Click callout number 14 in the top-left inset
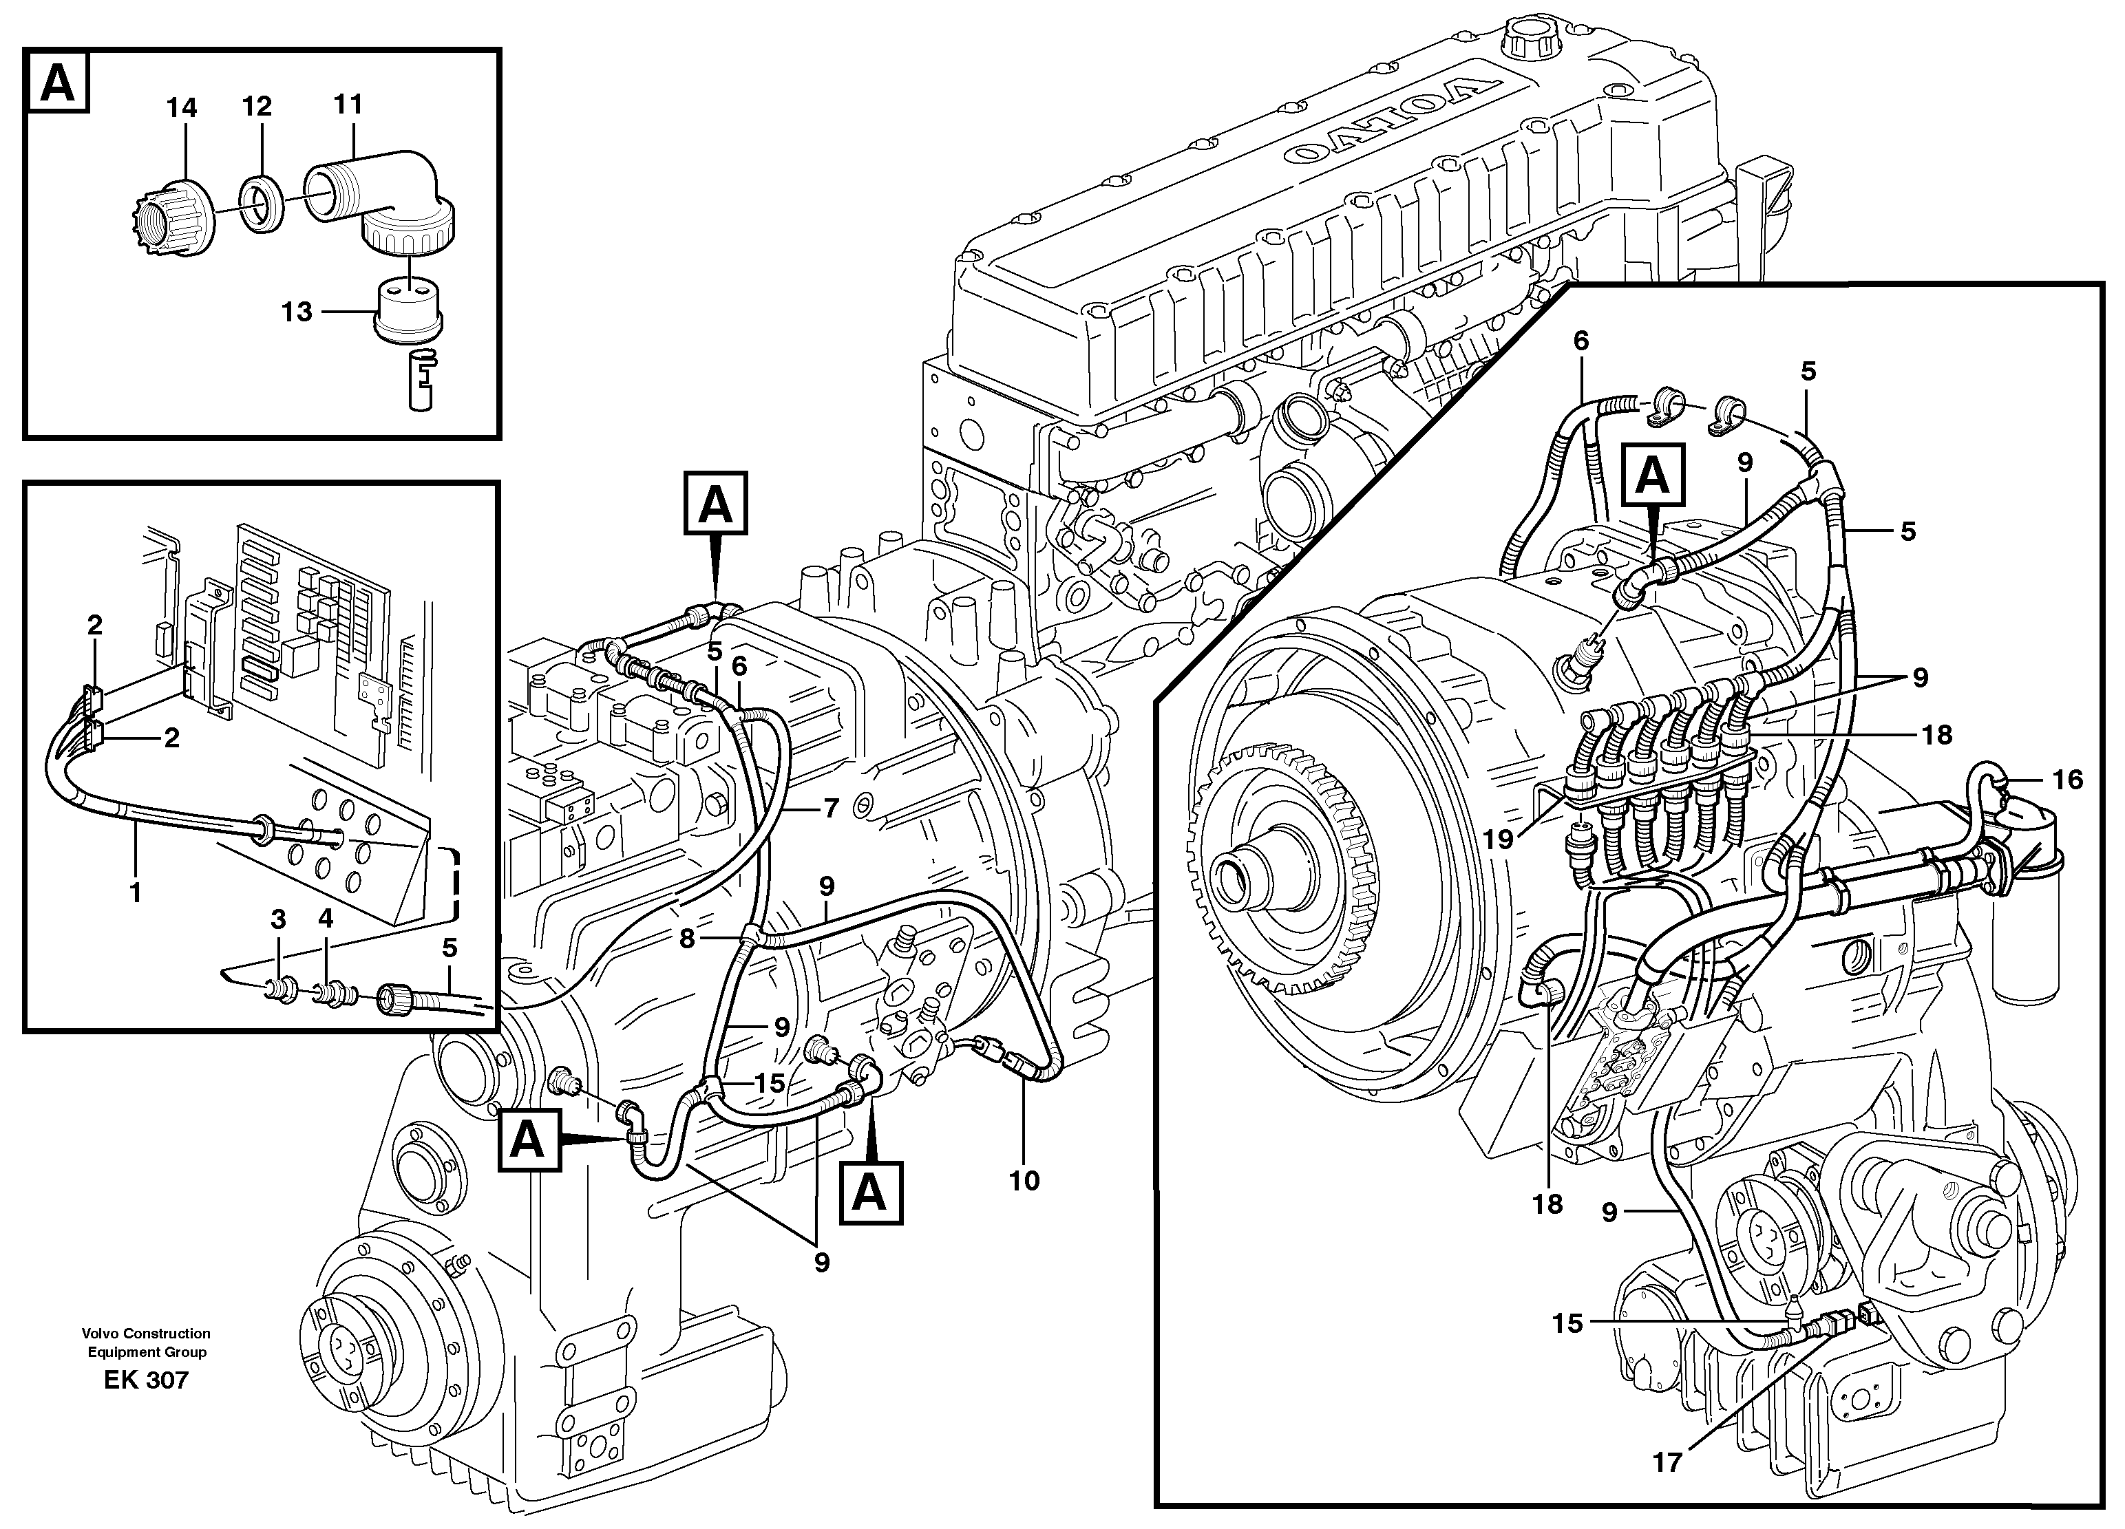click(182, 109)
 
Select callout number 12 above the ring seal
click(256, 107)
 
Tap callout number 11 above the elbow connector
click(348, 103)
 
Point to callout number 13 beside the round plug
click(297, 311)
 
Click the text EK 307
click(146, 1380)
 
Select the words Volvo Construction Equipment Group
click(146, 1342)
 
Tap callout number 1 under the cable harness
click(136, 893)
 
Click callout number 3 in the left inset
click(278, 919)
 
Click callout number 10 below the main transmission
click(1024, 1181)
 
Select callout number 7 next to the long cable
click(831, 808)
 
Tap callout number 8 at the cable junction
click(688, 938)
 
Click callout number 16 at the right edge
click(2067, 780)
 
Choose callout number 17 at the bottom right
click(1667, 1462)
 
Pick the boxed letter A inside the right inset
click(1653, 477)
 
